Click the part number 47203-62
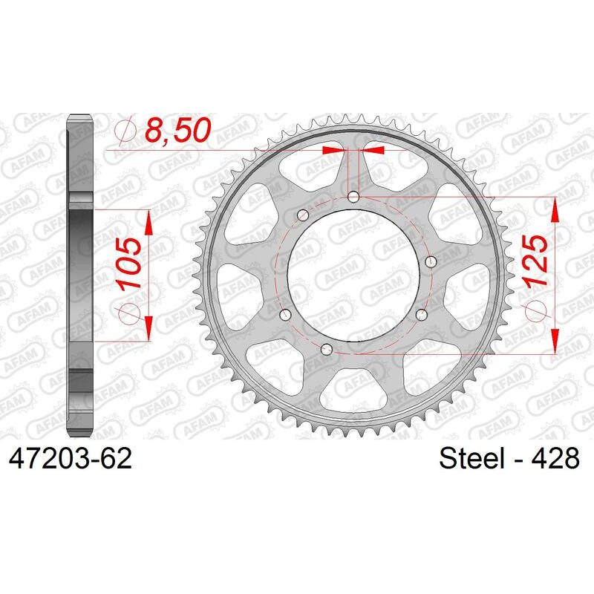click(70, 459)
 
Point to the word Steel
click(471, 459)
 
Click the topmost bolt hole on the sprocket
click(353, 197)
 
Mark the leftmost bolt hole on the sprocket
click(281, 313)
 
